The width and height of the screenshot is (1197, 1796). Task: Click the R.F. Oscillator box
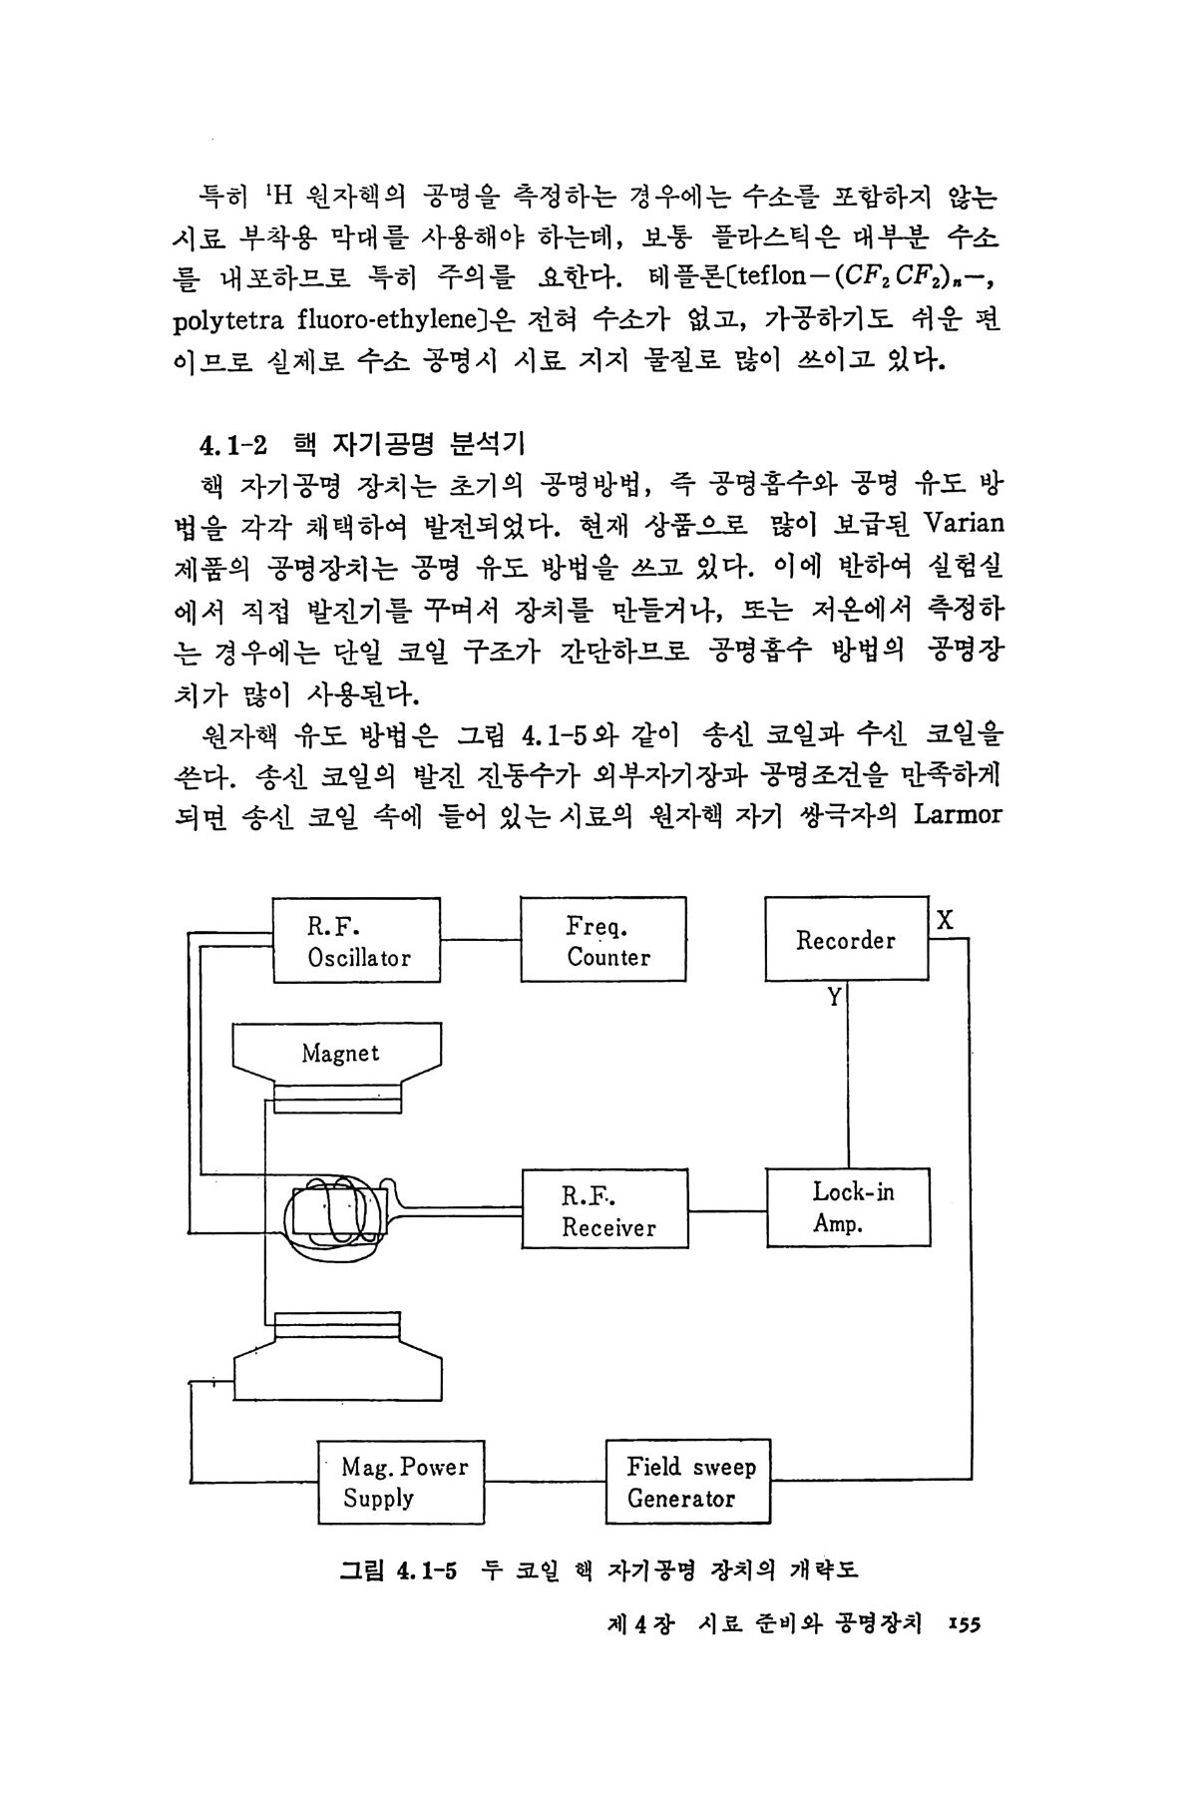click(x=356, y=940)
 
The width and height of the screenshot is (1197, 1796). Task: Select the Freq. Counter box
click(x=603, y=940)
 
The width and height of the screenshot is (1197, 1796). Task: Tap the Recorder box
click(x=846, y=940)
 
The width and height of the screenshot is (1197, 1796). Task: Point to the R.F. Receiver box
click(x=605, y=1209)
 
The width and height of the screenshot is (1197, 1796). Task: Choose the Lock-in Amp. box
click(x=848, y=1207)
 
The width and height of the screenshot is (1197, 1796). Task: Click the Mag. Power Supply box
click(x=401, y=1482)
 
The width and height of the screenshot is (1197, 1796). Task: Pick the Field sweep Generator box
click(x=688, y=1482)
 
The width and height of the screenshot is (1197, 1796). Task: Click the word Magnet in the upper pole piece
click(x=340, y=1053)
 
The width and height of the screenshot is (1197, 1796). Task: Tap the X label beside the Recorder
click(x=945, y=921)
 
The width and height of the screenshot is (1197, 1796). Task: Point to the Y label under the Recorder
click(x=834, y=996)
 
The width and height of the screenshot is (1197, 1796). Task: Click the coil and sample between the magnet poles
click(x=331, y=1210)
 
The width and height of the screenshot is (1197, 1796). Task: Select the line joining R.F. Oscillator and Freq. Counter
click(x=481, y=940)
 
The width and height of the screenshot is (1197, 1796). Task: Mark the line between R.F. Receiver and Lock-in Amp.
click(x=727, y=1210)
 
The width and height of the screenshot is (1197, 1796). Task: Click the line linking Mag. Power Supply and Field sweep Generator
click(x=546, y=1480)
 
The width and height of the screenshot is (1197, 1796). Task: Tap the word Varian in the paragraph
click(x=964, y=524)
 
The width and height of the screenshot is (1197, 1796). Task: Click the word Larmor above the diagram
click(x=958, y=814)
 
